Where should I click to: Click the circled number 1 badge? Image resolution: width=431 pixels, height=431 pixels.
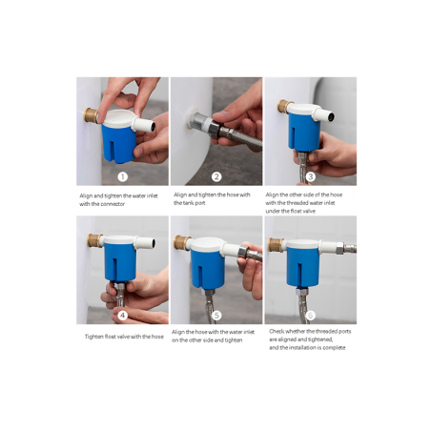pyautogui.click(x=123, y=176)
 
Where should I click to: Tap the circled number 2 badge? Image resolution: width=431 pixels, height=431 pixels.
pyautogui.click(x=216, y=176)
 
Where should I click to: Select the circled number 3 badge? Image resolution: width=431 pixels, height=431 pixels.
pyautogui.click(x=311, y=176)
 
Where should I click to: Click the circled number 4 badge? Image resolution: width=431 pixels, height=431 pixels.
pyautogui.click(x=123, y=316)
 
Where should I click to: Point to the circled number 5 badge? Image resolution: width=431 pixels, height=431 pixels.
pyautogui.click(x=216, y=316)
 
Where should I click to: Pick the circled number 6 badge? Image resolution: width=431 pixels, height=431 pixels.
pyautogui.click(x=311, y=316)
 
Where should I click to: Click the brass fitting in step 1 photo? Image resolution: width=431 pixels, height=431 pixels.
pyautogui.click(x=91, y=115)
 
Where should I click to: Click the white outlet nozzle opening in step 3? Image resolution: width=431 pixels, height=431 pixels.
pyautogui.click(x=331, y=117)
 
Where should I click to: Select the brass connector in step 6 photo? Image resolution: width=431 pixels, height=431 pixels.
pyautogui.click(x=276, y=245)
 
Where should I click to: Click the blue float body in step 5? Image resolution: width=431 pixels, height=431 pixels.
pyautogui.click(x=208, y=269)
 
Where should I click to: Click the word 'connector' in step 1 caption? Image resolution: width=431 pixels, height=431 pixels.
pyautogui.click(x=113, y=204)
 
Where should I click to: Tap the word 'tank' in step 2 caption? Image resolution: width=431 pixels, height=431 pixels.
pyautogui.click(x=185, y=203)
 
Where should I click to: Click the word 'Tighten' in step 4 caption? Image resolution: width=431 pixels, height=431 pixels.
pyautogui.click(x=94, y=337)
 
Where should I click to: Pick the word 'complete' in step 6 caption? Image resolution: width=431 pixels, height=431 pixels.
pyautogui.click(x=334, y=348)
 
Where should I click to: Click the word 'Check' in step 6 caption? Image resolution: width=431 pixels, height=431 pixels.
pyautogui.click(x=277, y=331)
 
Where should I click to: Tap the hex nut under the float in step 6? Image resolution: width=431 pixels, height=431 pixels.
pyautogui.click(x=302, y=291)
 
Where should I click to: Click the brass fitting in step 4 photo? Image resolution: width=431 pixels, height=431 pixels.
pyautogui.click(x=94, y=240)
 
